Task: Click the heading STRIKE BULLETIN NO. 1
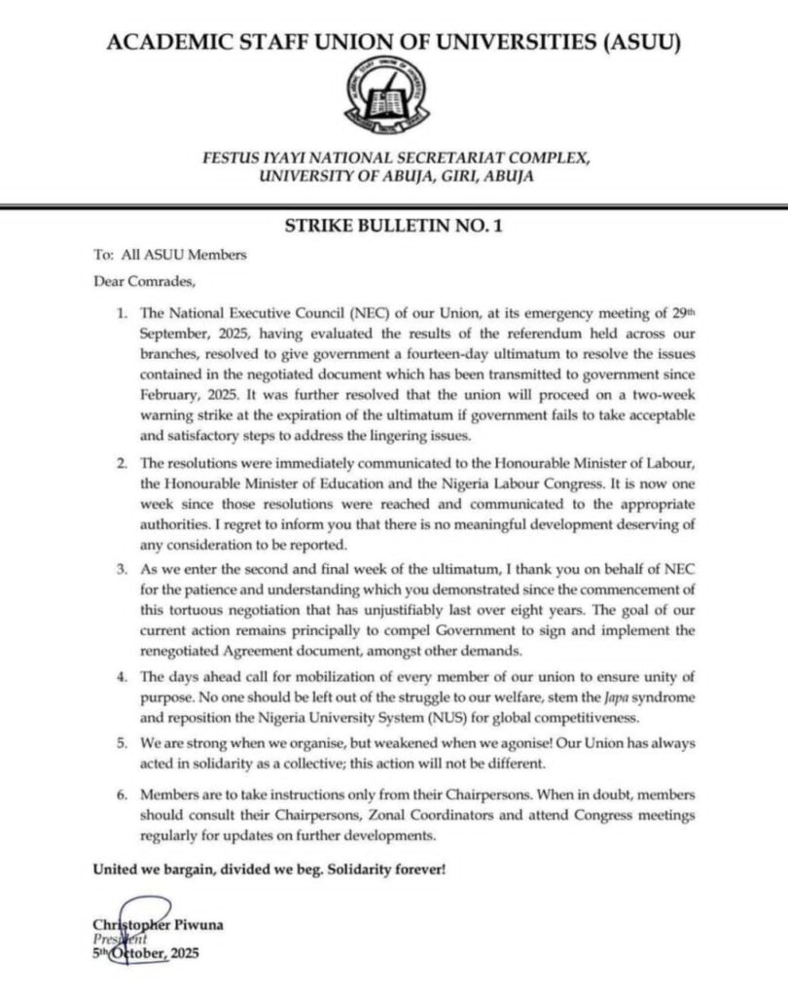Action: (393, 227)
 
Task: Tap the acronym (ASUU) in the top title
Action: (632, 42)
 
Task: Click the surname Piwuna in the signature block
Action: (197, 925)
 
